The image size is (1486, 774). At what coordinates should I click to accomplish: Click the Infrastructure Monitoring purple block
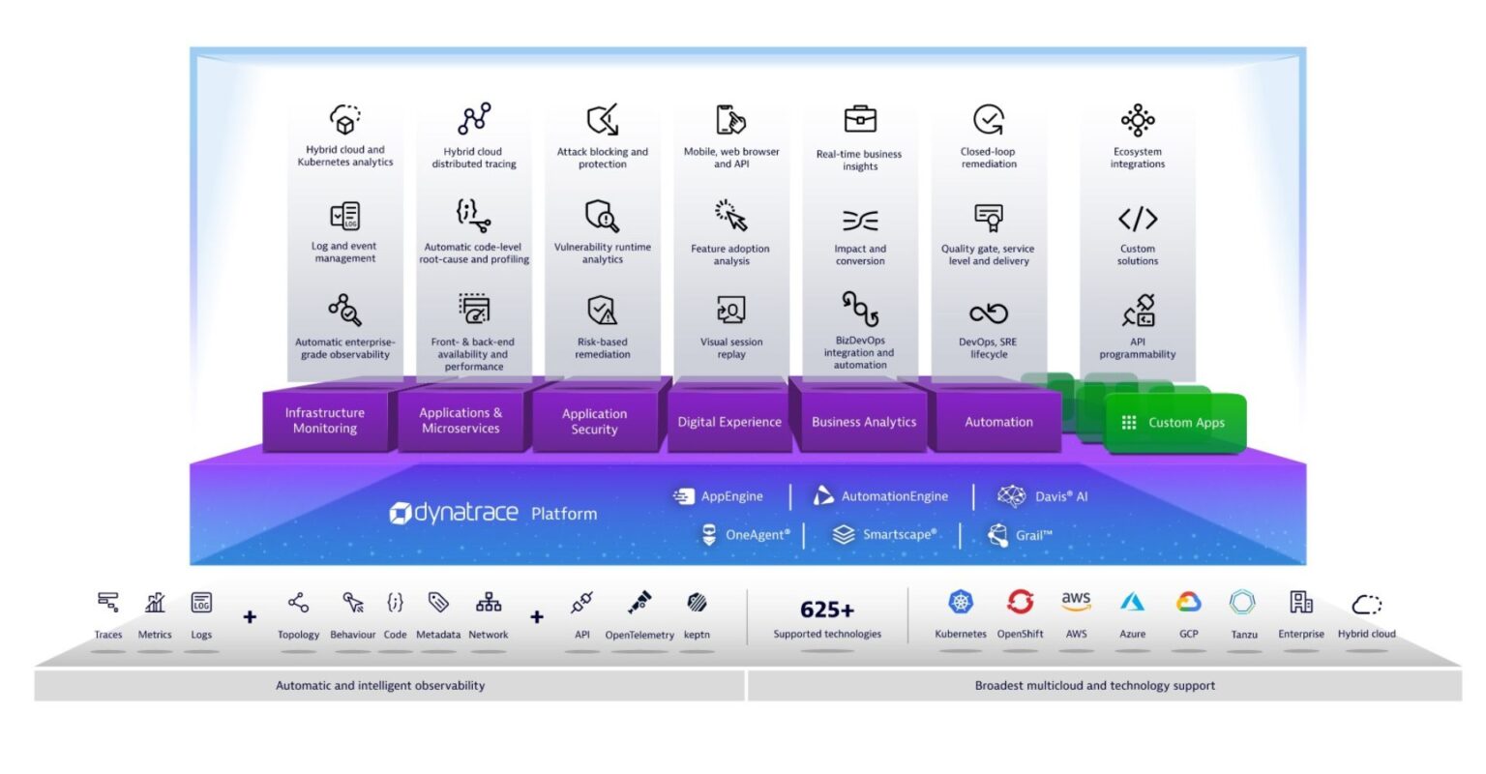[325, 421]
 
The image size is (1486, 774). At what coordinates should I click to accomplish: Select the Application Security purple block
[594, 422]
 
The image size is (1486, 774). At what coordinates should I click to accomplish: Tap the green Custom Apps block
[1174, 423]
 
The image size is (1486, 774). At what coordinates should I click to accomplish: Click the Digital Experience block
[729, 422]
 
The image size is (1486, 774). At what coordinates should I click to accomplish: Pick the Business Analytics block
[863, 422]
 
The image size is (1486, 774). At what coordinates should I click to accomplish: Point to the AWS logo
[1076, 602]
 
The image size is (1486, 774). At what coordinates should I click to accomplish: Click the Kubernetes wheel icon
[961, 602]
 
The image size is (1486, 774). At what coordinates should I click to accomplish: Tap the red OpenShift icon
[1020, 602]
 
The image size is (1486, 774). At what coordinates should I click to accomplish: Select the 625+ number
[827, 610]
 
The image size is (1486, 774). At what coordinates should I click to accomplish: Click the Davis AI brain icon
[1011, 496]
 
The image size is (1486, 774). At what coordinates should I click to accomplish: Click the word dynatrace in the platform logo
[465, 513]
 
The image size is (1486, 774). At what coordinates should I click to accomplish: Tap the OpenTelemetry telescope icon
[639, 603]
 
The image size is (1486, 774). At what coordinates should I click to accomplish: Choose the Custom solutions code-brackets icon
[1138, 219]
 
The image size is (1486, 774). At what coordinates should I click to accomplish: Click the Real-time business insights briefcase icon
[860, 119]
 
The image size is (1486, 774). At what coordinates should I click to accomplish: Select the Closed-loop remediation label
[989, 158]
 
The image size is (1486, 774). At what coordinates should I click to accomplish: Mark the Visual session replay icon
[730, 311]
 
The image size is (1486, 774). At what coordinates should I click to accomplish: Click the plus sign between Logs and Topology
[250, 616]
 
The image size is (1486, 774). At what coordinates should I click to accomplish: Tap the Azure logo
[1132, 603]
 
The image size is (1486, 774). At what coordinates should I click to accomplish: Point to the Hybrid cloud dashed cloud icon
[1366, 605]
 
